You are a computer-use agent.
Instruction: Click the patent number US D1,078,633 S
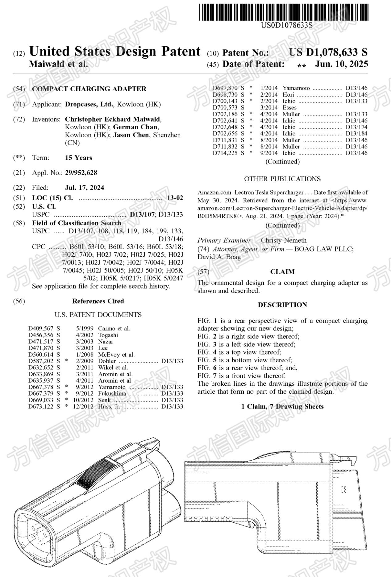click(328, 52)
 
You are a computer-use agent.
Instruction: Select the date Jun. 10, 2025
click(341, 64)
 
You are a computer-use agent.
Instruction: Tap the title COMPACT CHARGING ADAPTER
click(89, 89)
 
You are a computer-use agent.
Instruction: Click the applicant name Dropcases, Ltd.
click(89, 104)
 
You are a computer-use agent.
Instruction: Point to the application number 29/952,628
click(81, 173)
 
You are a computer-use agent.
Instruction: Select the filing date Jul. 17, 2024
click(85, 188)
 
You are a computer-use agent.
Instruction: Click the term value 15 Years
click(78, 158)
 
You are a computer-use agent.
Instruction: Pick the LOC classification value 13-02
click(175, 198)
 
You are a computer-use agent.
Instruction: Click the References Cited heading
click(98, 301)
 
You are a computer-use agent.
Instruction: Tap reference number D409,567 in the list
click(41, 328)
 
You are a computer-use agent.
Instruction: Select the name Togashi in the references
click(108, 335)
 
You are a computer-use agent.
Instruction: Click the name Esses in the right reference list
click(289, 107)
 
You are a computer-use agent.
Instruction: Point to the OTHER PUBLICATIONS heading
click(282, 179)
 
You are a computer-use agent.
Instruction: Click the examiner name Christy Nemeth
click(284, 240)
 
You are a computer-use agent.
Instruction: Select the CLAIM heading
click(282, 272)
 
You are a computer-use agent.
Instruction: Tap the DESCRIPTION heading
click(282, 305)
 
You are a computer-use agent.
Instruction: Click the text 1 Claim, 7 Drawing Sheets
click(282, 406)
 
